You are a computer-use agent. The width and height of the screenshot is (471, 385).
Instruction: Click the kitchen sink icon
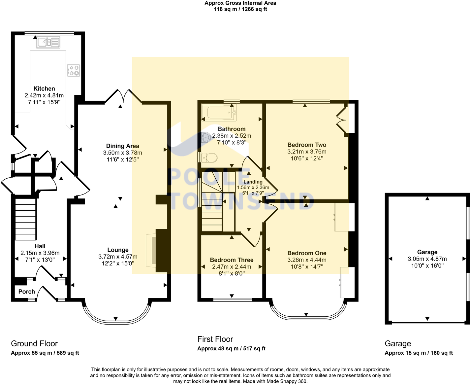pyautogui.click(x=48, y=42)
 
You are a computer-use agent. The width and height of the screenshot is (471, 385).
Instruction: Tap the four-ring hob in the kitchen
pyautogui.click(x=73, y=70)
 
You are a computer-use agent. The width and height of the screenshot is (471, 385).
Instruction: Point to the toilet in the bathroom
pyautogui.click(x=208, y=157)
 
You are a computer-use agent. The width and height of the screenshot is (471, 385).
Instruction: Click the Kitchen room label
pyautogui.click(x=44, y=88)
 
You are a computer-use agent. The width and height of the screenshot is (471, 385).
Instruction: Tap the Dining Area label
pyautogui.click(x=122, y=146)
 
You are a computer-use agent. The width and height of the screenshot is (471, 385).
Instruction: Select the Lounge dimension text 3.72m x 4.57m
pyautogui.click(x=118, y=257)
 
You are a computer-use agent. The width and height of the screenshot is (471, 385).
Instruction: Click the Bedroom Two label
pyautogui.click(x=307, y=145)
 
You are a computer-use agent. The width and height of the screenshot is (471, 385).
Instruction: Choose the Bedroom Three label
pyautogui.click(x=232, y=260)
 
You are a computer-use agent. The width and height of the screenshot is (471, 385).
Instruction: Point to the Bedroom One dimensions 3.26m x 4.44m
pyautogui.click(x=307, y=260)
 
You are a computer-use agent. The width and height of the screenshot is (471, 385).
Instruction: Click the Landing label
pyautogui.click(x=253, y=182)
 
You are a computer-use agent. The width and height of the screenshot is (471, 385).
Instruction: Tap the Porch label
pyautogui.click(x=27, y=292)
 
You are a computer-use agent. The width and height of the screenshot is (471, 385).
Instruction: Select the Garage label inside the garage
pyautogui.click(x=427, y=252)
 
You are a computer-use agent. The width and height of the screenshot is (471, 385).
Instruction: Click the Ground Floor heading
pyautogui.click(x=34, y=343)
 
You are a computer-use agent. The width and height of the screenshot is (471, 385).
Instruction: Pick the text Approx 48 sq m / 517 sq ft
pyautogui.click(x=231, y=348)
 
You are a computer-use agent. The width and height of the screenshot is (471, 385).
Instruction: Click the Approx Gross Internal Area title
pyautogui.click(x=240, y=3)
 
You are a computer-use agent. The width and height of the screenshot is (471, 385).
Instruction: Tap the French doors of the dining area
pyautogui.click(x=123, y=96)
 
